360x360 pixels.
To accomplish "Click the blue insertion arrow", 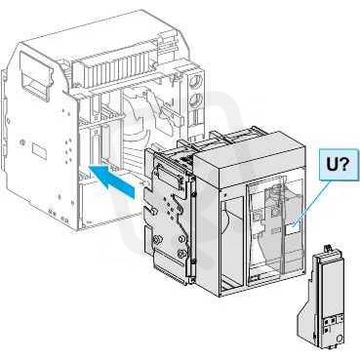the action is coord(112,180).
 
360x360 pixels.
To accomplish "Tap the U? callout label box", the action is coord(338,166).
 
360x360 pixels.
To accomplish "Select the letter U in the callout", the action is coord(333,165).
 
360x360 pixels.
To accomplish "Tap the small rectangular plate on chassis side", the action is coord(39,151).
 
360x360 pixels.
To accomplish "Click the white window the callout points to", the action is coord(292,229).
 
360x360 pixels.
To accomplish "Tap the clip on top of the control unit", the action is coord(331,249).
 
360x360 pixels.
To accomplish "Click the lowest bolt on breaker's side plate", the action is coord(180,253).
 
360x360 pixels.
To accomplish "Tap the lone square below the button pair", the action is coord(326,330).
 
